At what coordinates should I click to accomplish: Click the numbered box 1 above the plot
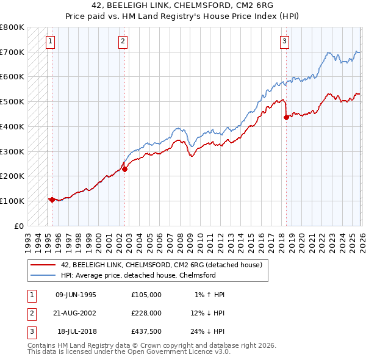50,41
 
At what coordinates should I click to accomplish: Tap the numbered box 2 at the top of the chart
123,41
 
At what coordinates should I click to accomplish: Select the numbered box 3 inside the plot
284,41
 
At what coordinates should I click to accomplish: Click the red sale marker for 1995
52,200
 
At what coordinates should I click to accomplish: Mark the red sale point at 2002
124,169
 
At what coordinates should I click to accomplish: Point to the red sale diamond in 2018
285,118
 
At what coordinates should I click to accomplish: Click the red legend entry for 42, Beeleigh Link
161,265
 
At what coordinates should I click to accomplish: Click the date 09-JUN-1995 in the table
76,295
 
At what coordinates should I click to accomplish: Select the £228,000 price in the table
146,312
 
